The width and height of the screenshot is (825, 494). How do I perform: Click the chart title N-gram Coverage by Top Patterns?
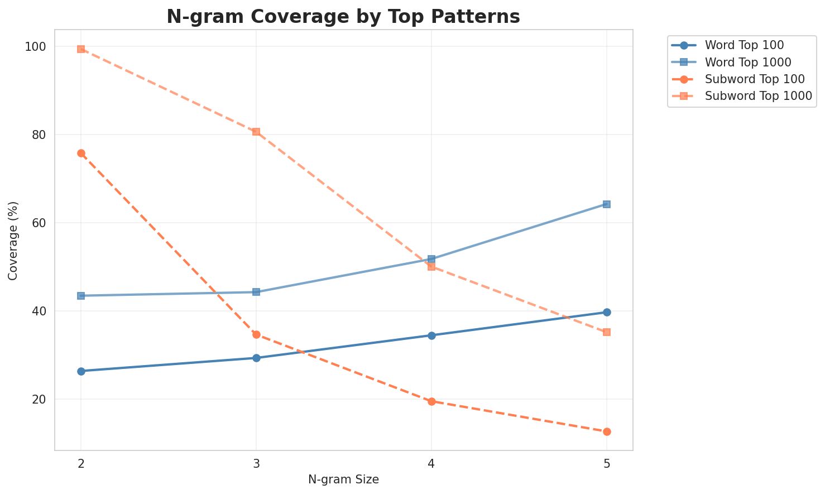343,16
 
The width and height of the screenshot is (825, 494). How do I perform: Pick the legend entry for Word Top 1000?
748,61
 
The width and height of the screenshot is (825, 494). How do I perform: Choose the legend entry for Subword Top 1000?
758,95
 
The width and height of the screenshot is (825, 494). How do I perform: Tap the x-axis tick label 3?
256,463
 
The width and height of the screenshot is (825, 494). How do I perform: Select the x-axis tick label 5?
607,463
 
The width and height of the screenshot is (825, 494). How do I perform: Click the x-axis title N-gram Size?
343,479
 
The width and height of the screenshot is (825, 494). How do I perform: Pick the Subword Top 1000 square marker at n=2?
81,49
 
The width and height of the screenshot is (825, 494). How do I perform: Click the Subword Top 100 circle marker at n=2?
81,153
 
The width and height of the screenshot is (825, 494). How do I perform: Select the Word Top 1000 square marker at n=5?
607,204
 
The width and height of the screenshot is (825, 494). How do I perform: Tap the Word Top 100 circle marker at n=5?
607,312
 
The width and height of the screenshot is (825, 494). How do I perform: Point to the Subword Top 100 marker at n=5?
607,431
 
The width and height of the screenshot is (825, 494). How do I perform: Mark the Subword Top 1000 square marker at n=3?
256,132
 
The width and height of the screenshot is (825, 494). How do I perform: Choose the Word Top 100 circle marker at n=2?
81,371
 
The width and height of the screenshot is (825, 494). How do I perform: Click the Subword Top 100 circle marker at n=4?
431,401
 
